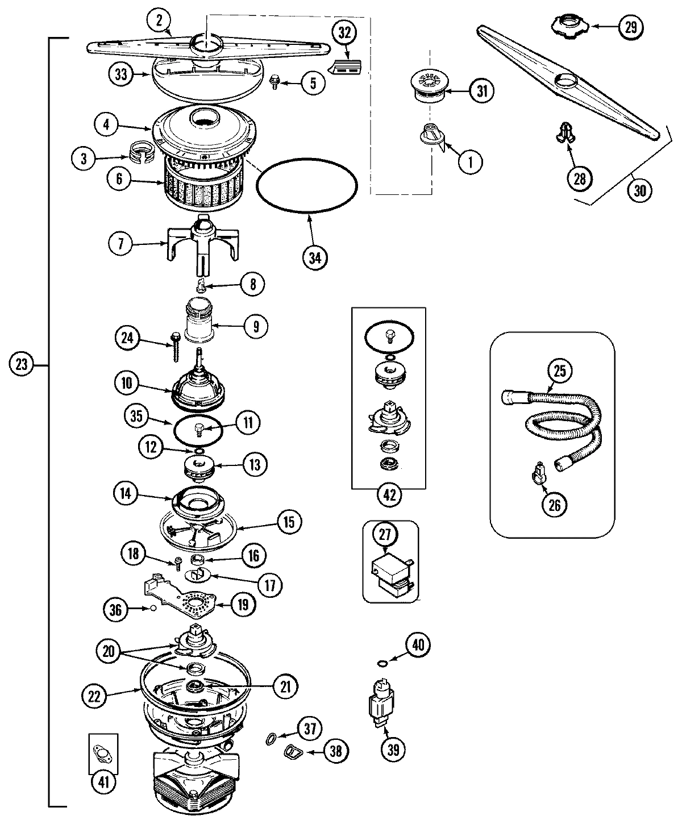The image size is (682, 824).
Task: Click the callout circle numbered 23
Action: point(22,364)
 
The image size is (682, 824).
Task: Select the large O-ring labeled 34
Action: point(307,211)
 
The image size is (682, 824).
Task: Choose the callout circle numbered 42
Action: point(388,495)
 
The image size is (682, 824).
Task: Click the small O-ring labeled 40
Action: point(382,663)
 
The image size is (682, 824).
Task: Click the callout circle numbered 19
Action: point(242,605)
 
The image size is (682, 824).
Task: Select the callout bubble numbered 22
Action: point(95,697)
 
